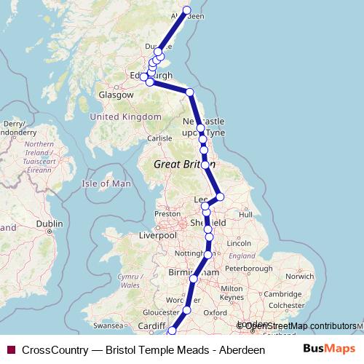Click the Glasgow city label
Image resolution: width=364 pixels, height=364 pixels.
click(116, 95)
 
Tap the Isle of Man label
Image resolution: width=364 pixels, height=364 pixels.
click(107, 184)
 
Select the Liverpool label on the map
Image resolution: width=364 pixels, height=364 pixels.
click(159, 236)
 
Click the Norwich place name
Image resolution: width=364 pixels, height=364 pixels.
click(299, 277)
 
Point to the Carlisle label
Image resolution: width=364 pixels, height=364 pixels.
click(159, 138)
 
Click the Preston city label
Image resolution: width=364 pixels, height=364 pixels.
click(167, 214)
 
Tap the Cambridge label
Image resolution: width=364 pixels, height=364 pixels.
click(282, 293)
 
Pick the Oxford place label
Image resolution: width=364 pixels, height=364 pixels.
click(215, 313)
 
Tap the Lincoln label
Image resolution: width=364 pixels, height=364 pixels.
click(239, 242)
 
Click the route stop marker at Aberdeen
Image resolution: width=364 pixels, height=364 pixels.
click(186, 11)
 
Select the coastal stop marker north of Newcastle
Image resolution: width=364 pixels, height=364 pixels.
click(190, 92)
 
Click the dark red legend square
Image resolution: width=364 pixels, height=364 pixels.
click(10, 349)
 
